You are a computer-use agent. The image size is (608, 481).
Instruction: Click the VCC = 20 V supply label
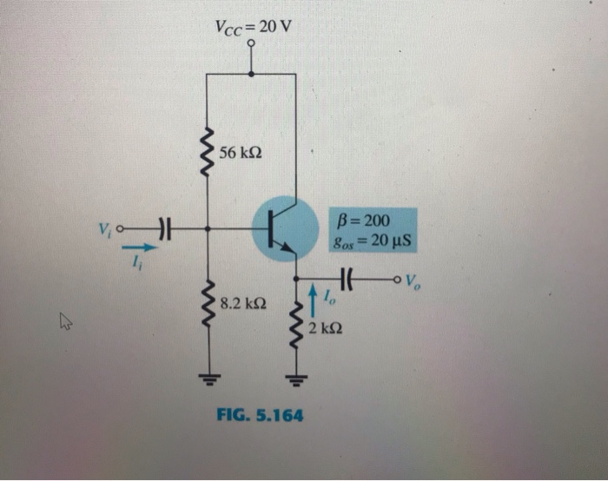pyautogui.click(x=253, y=27)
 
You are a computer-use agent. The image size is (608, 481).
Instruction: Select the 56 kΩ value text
pyautogui.click(x=241, y=154)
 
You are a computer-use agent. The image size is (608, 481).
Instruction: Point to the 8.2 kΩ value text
pyautogui.click(x=243, y=305)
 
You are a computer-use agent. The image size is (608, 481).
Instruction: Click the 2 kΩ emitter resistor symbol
pyautogui.click(x=296, y=327)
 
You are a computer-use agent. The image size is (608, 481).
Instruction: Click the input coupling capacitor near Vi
pyautogui.click(x=164, y=229)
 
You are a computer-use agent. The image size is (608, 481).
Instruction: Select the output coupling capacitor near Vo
pyautogui.click(x=347, y=279)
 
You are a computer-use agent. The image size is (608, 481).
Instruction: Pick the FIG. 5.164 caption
pyautogui.click(x=260, y=415)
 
